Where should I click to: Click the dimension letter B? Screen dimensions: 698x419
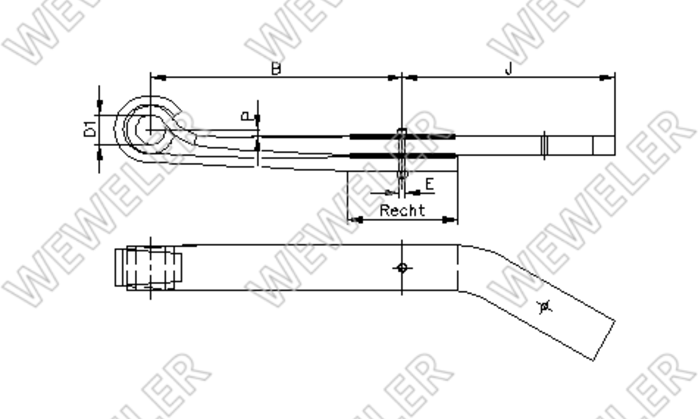click(x=276, y=68)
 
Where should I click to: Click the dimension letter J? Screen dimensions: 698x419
click(x=509, y=68)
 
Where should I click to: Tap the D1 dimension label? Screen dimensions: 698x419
click(x=90, y=129)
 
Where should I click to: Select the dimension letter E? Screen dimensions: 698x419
click(x=430, y=184)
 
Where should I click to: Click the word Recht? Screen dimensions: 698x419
click(x=403, y=210)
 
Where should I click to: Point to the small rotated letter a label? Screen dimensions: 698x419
click(x=246, y=116)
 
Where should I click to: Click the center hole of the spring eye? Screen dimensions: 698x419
click(x=150, y=130)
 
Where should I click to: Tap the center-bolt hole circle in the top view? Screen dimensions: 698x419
click(x=402, y=268)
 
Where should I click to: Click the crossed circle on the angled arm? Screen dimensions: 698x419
click(x=544, y=307)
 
